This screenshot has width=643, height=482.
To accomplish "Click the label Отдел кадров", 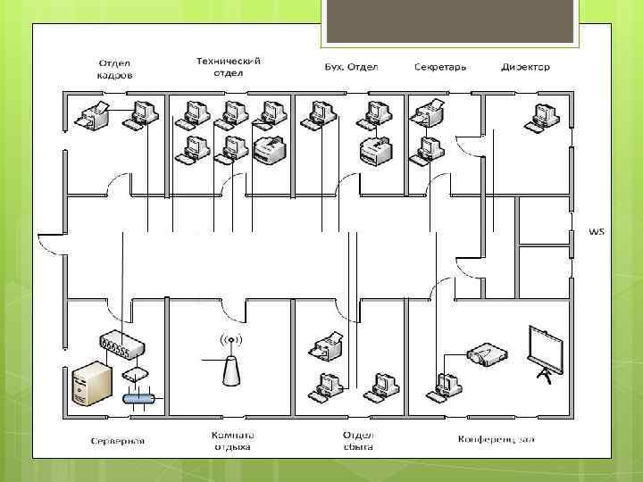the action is pos(115,70).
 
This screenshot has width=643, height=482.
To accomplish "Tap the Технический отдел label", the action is pos(229,66).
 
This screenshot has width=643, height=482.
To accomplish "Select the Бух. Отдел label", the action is pos(351,67).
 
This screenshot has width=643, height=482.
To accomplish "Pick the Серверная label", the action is pos(118,440).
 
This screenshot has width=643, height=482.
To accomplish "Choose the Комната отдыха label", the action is pos(230,441).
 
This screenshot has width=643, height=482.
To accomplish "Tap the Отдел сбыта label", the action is pos(357,441).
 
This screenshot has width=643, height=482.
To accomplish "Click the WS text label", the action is pos(596,231).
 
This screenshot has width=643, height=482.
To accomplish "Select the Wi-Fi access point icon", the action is pos(231,361).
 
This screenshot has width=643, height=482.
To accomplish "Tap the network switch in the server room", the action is pos(117,343).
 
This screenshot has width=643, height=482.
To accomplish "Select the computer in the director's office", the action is pos(540,117).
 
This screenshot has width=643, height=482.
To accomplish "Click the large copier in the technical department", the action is pos(269,151).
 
